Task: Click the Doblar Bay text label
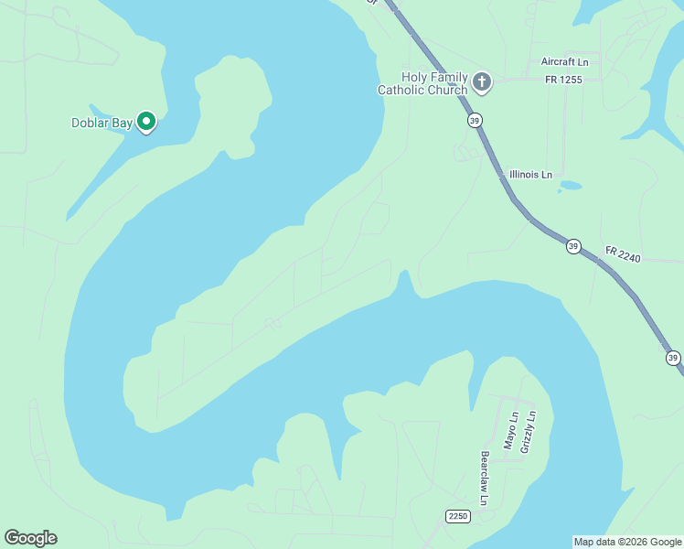coord(102,123)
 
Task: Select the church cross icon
coord(482,83)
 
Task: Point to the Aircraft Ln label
coord(565,61)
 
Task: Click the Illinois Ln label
coord(530,174)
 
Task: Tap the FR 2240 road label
coord(623,253)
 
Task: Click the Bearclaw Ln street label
coord(485,478)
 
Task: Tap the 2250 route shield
coord(458,517)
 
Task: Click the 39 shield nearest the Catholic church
coord(474,120)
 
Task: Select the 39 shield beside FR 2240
coord(572,246)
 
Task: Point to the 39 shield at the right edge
coord(673,358)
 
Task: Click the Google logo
coord(30,538)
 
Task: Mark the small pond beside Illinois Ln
coord(570,185)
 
